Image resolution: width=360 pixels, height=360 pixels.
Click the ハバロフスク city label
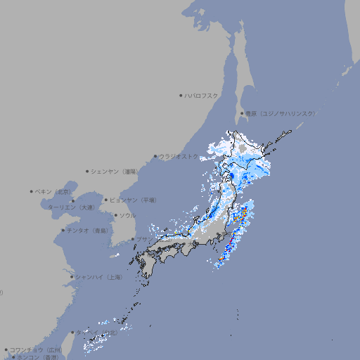coord(202,95)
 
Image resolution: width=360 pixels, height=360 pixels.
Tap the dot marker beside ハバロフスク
coord(181,95)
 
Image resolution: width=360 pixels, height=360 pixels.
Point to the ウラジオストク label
coord(179,157)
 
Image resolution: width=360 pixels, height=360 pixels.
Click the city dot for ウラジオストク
coord(155,157)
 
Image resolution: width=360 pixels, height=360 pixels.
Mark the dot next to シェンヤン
coord(88,171)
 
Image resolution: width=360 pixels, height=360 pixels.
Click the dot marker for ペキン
coord(32,191)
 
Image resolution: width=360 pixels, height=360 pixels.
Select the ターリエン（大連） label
coord(70,207)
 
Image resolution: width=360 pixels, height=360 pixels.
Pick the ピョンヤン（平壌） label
coord(133,200)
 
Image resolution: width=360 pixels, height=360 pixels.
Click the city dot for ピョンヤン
coord(106,200)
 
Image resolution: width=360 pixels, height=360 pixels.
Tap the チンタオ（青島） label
coord(87,230)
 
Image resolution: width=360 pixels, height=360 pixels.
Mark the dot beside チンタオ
coord(63,230)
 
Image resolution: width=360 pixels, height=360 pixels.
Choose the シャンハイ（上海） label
coord(98,277)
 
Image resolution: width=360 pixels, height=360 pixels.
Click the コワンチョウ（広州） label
coord(36,349)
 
